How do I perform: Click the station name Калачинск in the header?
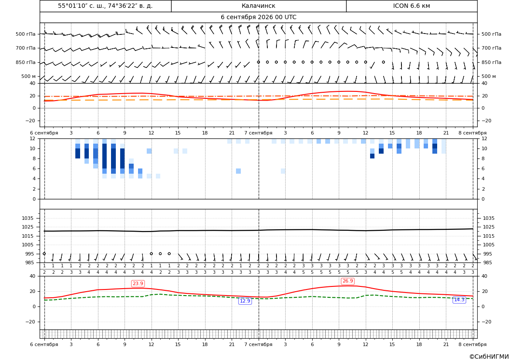pyautogui.click(x=258, y=6)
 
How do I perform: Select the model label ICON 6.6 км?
pyautogui.click(x=411, y=6)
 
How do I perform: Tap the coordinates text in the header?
pyautogui.click(x=105, y=6)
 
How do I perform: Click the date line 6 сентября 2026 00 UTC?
pyautogui.click(x=258, y=17)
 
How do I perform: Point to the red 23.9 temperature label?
pyautogui.click(x=138, y=283)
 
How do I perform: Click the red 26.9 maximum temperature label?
pyautogui.click(x=347, y=281)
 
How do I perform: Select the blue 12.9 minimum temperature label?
pyautogui.click(x=245, y=301)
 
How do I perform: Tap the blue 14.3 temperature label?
pyautogui.click(x=459, y=299)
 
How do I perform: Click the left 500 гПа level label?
pyautogui.click(x=26, y=34)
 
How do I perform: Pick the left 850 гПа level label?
pyautogui.click(x=26, y=62)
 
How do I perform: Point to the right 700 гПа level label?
pyautogui.click(x=492, y=48)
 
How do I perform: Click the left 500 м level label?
pyautogui.click(x=29, y=76)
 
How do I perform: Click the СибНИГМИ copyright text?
pyautogui.click(x=489, y=357)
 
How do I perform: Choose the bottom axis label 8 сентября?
pyautogui.click(x=472, y=344)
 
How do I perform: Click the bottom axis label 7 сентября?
pyautogui.click(x=258, y=344)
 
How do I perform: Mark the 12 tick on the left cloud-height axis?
pyautogui.click(x=33, y=138)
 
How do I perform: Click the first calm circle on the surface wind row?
pyautogui.click(x=44, y=254)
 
